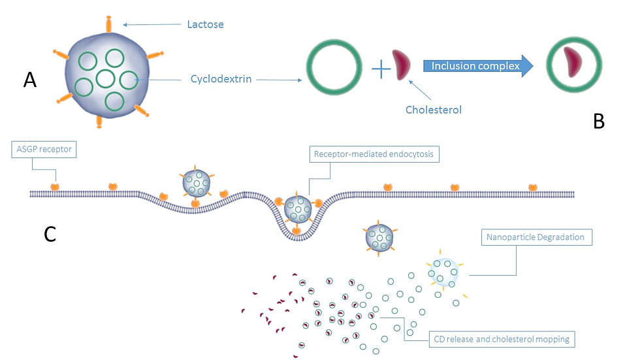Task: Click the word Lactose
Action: click(205, 25)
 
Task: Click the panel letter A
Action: click(30, 80)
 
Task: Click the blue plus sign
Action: click(380, 68)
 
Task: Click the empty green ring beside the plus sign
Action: click(334, 68)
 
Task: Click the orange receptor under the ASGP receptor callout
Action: click(55, 187)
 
